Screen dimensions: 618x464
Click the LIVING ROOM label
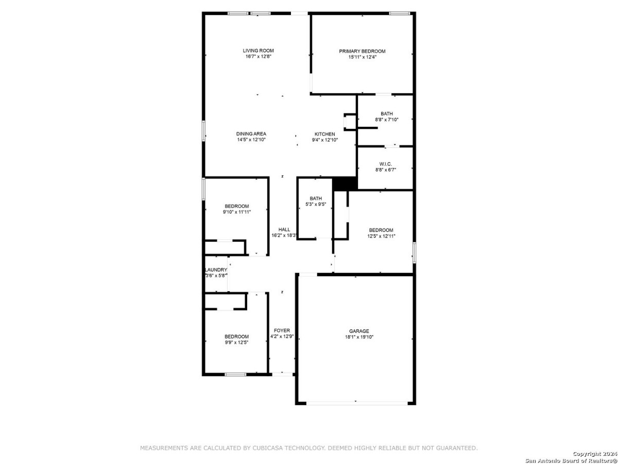point(258,51)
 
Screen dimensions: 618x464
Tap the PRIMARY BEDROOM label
point(362,51)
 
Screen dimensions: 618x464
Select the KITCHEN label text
point(324,134)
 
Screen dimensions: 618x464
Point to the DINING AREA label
point(251,134)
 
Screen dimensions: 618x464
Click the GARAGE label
point(359,331)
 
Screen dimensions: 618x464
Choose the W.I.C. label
point(385,164)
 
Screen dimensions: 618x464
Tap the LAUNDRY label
point(216,270)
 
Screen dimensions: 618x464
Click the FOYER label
point(282,330)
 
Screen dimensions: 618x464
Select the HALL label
point(284,229)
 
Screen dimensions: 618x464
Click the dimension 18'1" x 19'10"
point(359,337)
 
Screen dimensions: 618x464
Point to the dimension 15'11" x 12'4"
point(363,57)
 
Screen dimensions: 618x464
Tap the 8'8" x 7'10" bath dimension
point(387,120)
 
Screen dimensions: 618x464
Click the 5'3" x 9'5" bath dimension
point(316,204)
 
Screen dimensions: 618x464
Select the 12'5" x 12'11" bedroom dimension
point(381,236)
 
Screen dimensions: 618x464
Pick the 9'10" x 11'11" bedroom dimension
point(237,212)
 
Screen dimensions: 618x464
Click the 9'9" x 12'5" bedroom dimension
point(236,342)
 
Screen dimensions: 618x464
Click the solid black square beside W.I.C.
point(345,184)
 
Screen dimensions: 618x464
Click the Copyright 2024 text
point(595,454)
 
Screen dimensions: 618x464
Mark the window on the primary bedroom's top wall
point(399,13)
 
